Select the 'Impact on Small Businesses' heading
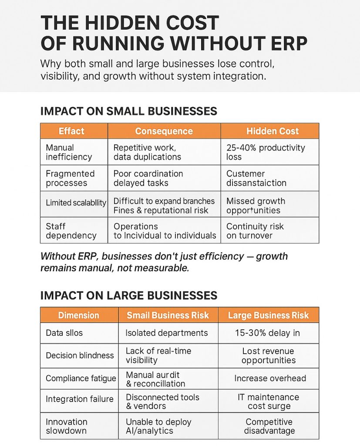(x=128, y=111)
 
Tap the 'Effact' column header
(x=71, y=131)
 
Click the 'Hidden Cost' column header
(x=273, y=131)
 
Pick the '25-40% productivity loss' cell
(x=266, y=152)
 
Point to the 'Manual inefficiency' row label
(x=69, y=152)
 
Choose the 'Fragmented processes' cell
(x=70, y=178)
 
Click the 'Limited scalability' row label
(x=76, y=203)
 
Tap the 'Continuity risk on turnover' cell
(x=255, y=231)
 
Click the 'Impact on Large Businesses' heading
(x=128, y=296)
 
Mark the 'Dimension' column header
(x=78, y=315)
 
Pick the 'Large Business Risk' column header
(x=268, y=315)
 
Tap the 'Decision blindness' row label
(x=80, y=355)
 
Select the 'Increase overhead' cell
(x=270, y=378)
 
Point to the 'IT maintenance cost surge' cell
(x=268, y=401)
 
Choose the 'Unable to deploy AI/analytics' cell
(x=158, y=426)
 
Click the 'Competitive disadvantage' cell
(x=269, y=426)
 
